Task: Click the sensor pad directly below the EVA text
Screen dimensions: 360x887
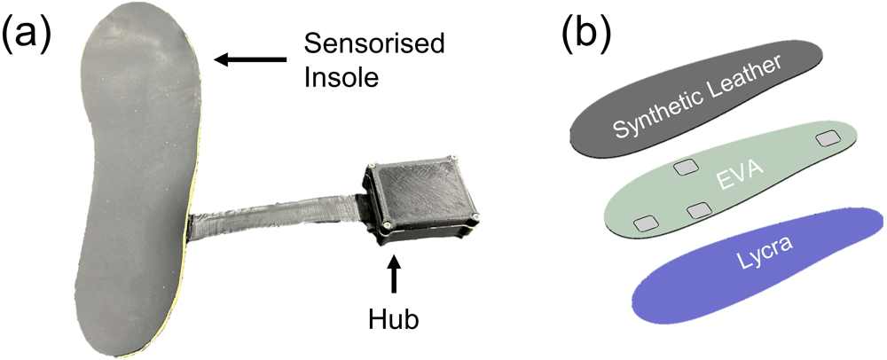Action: tap(699, 209)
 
